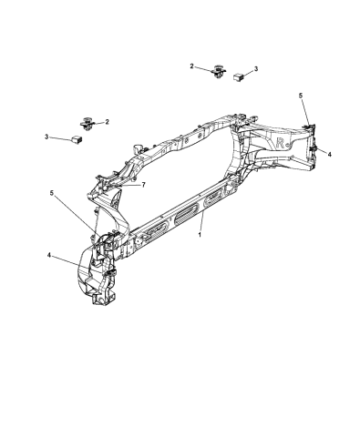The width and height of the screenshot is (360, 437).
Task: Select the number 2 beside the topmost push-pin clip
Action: (192, 66)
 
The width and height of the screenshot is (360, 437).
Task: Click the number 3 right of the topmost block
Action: (256, 69)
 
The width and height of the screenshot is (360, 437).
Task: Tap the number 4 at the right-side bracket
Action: (329, 154)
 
